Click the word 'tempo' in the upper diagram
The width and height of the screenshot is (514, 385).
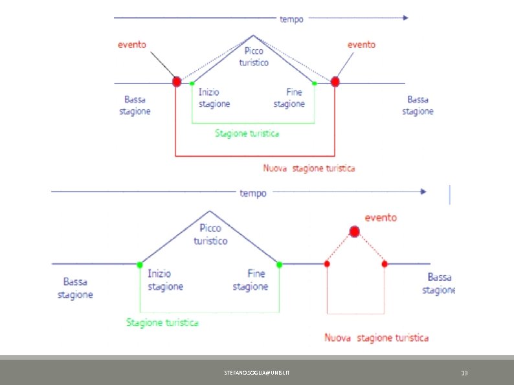click(291, 19)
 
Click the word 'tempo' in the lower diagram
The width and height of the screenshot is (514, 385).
click(253, 193)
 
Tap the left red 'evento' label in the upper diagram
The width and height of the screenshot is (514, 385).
click(131, 45)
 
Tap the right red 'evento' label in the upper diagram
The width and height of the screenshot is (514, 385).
click(361, 45)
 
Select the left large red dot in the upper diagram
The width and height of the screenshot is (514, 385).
click(177, 82)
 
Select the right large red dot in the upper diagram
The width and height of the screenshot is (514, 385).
click(335, 82)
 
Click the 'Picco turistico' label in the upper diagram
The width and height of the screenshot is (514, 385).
click(254, 56)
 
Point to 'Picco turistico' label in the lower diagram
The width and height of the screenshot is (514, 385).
click(210, 234)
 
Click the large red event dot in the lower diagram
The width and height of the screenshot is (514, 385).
click(354, 231)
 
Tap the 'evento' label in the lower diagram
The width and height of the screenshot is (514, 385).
click(381, 217)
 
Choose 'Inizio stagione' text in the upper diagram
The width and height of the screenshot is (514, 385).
click(214, 98)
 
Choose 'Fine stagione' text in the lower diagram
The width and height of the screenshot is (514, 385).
click(250, 280)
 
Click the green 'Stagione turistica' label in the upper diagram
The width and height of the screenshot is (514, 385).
click(247, 133)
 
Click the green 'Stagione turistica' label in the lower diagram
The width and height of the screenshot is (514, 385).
click(162, 322)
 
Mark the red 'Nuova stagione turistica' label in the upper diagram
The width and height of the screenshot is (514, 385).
click(309, 168)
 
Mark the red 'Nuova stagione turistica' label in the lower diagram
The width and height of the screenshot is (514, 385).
click(375, 337)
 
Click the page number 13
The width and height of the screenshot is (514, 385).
click(464, 373)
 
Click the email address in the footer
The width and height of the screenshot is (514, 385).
click(262, 373)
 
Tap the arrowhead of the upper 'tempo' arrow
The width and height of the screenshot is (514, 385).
click(405, 18)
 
